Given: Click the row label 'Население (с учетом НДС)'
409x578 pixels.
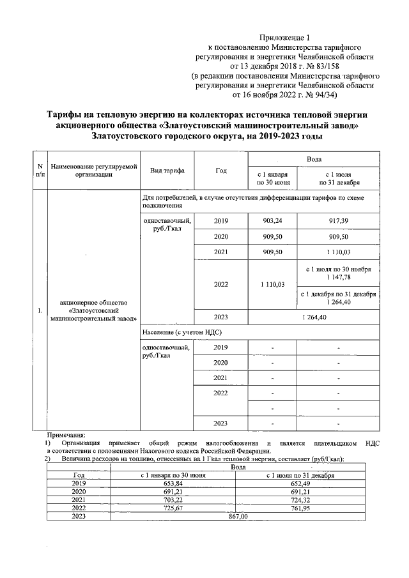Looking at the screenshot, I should pyautogui.click(x=182, y=332).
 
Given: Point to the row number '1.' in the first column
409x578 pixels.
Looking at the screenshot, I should pyautogui.click(x=40, y=311).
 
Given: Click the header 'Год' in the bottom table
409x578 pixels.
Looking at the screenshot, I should pyautogui.click(x=79, y=475).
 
